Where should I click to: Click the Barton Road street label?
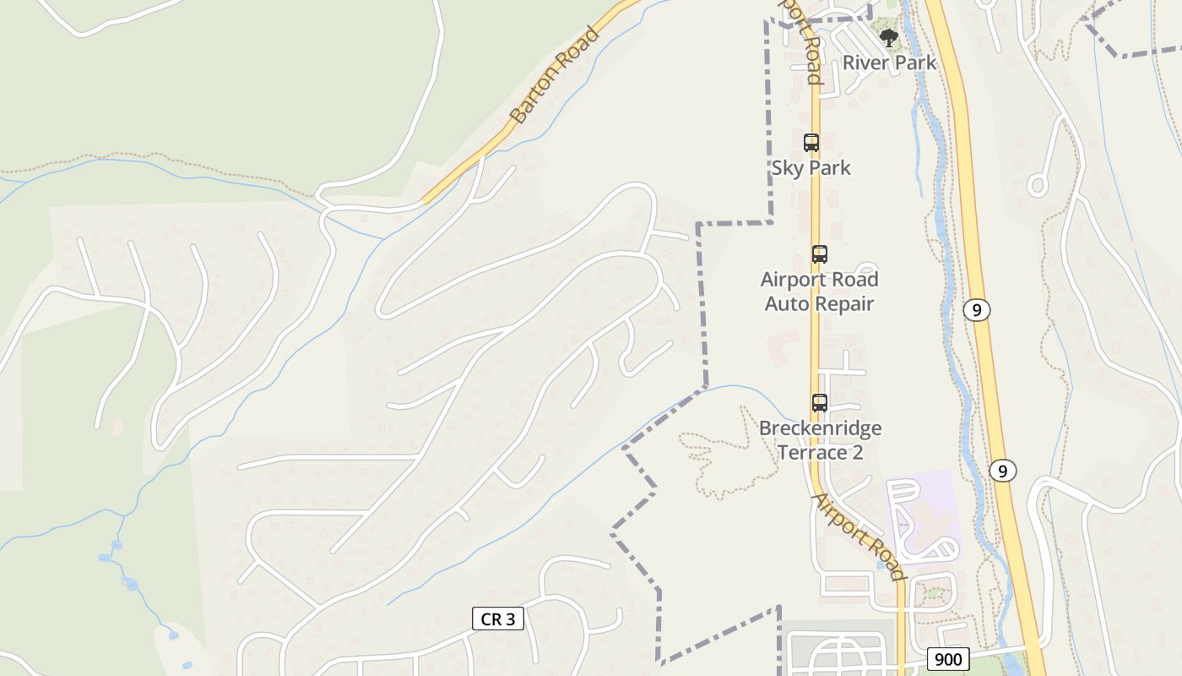556,75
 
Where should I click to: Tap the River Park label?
889,63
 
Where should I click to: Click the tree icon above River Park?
888,37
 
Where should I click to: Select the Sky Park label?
811,168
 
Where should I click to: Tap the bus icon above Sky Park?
811,143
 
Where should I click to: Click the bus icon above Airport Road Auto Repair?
819,253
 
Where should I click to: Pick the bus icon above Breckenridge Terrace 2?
819,403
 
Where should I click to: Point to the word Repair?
843,303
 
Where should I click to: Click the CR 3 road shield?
498,619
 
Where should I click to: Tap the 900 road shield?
948,659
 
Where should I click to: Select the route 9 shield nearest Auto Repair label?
976,310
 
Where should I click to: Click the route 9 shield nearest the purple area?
1002,471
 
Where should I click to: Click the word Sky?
787,168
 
